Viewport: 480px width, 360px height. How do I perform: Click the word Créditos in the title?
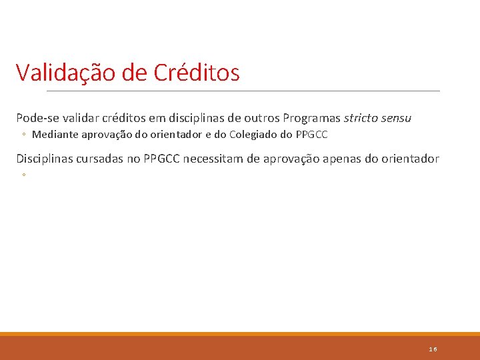point(197,73)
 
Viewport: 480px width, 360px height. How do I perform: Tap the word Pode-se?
point(37,118)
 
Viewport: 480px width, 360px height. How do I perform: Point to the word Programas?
point(311,118)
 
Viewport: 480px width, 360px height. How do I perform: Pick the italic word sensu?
point(397,118)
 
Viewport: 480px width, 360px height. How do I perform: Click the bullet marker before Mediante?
point(23,135)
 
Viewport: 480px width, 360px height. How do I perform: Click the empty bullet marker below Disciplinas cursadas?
point(23,175)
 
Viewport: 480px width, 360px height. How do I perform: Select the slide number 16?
point(433,349)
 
